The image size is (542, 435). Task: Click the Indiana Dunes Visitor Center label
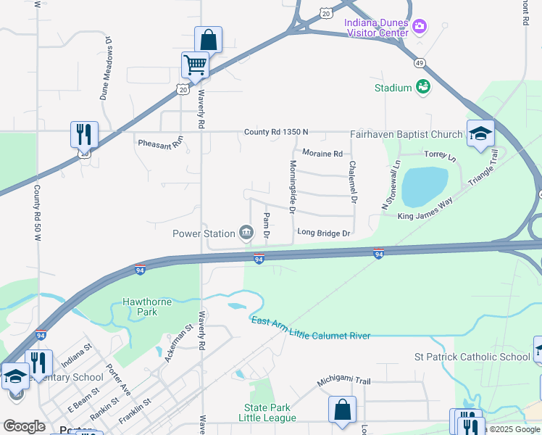pyautogui.click(x=376, y=28)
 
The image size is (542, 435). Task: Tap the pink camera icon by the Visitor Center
pyautogui.click(x=420, y=28)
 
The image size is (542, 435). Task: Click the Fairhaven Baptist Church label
pyautogui.click(x=406, y=134)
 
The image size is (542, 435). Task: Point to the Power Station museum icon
pyautogui.click(x=246, y=233)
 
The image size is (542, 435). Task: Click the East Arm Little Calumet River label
pyautogui.click(x=310, y=328)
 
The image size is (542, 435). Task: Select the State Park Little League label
pyautogui.click(x=267, y=413)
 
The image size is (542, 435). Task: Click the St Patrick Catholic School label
pyautogui.click(x=472, y=357)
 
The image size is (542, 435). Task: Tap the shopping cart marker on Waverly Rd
pyautogui.click(x=195, y=65)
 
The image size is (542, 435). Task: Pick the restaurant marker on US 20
pyautogui.click(x=84, y=135)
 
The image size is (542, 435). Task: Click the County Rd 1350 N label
pyautogui.click(x=276, y=132)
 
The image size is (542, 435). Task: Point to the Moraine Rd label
pyautogui.click(x=322, y=154)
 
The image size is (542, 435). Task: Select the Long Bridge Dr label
pyautogui.click(x=324, y=233)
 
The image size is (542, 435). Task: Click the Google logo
pyautogui.click(x=24, y=426)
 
